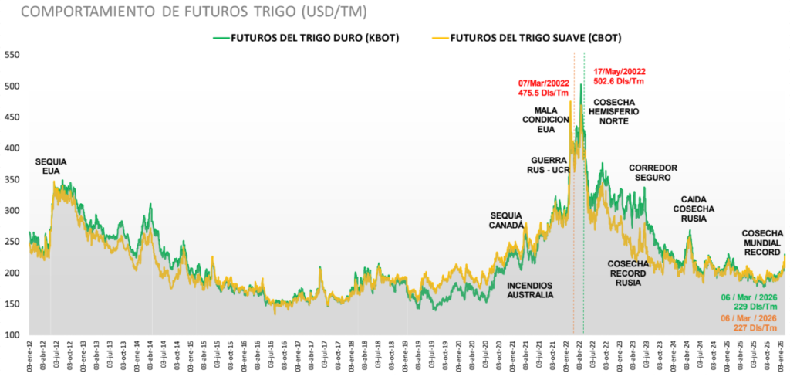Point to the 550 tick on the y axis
coord(14,55)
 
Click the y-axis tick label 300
coord(14,211)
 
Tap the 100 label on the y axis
coord(14,335)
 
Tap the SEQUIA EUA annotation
coord(51,166)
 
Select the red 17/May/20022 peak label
coord(619,71)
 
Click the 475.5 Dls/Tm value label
coord(543,93)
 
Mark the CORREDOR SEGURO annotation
coord(653,172)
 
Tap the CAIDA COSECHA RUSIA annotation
coord(694,209)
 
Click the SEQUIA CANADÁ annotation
coord(507,219)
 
